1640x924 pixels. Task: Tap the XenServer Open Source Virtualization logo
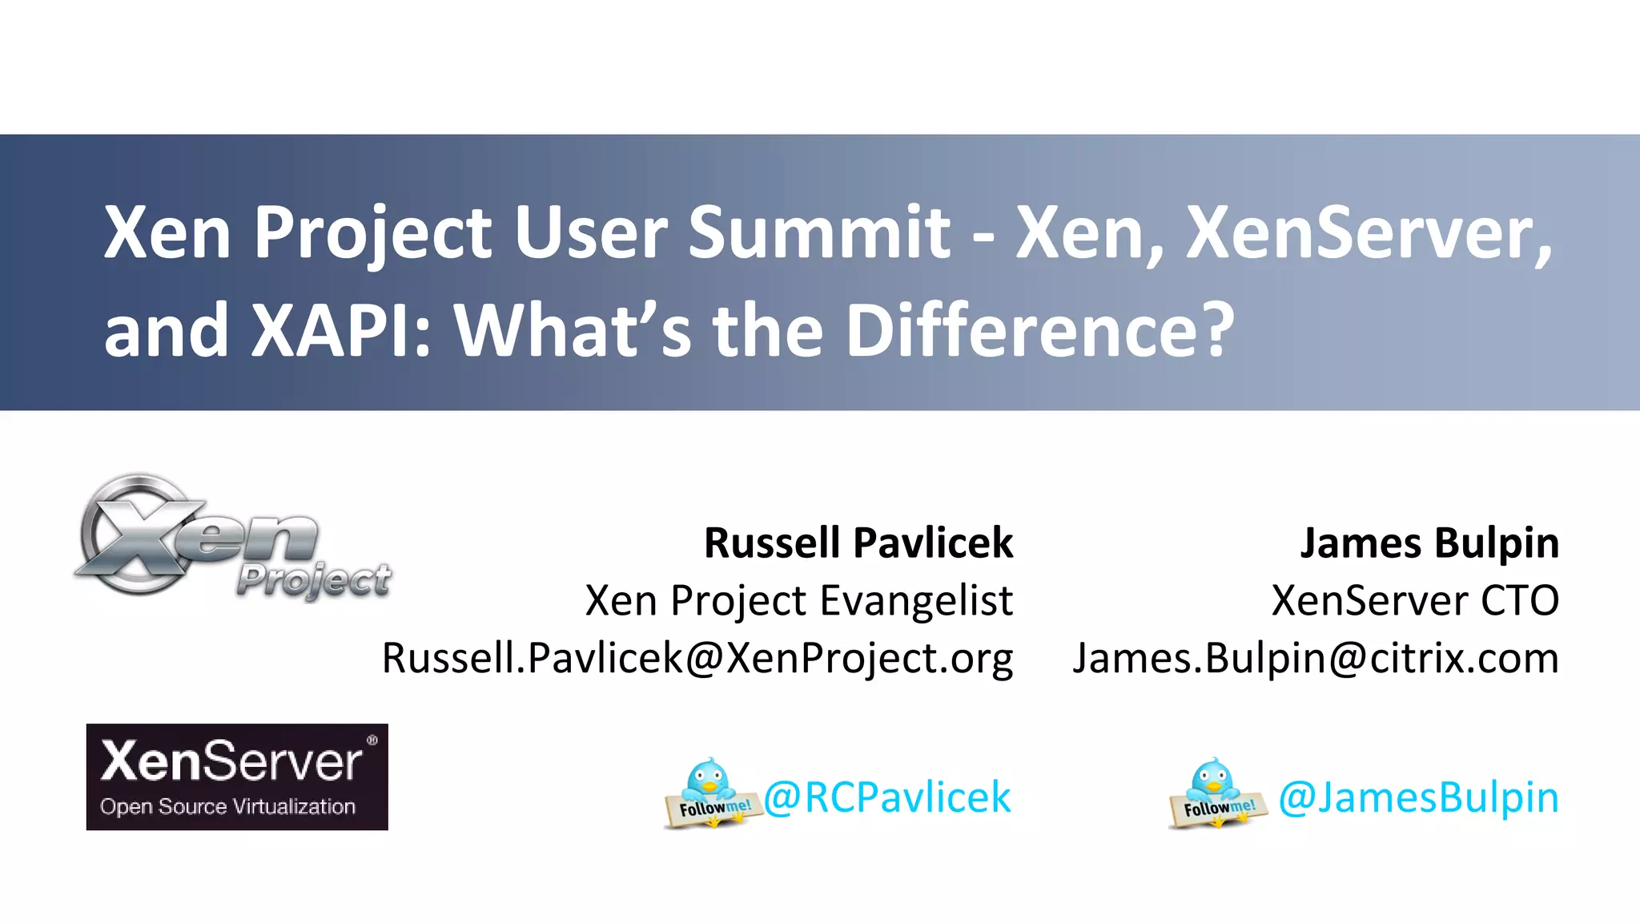(x=237, y=777)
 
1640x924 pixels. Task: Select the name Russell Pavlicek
(x=858, y=543)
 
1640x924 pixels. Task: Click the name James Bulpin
(x=1429, y=543)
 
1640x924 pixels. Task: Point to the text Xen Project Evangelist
(x=798, y=601)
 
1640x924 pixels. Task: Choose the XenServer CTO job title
(x=1415, y=601)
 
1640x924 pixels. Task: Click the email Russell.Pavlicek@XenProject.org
(x=697, y=659)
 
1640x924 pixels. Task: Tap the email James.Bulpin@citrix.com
(x=1316, y=659)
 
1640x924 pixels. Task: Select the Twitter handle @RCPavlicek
(x=887, y=797)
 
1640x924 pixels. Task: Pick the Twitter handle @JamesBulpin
(x=1418, y=797)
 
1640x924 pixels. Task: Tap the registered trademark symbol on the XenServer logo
(x=372, y=740)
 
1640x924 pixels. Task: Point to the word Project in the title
(x=372, y=234)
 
